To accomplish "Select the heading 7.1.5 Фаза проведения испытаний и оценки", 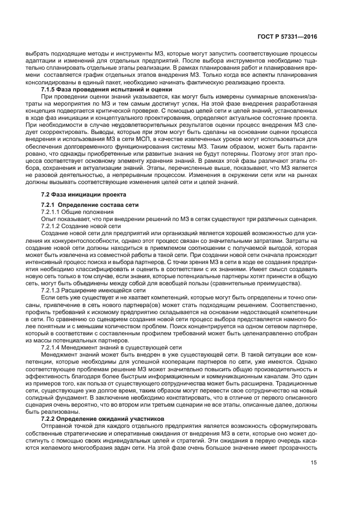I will pos(107,88).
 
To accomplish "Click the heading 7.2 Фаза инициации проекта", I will pos(82,194).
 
